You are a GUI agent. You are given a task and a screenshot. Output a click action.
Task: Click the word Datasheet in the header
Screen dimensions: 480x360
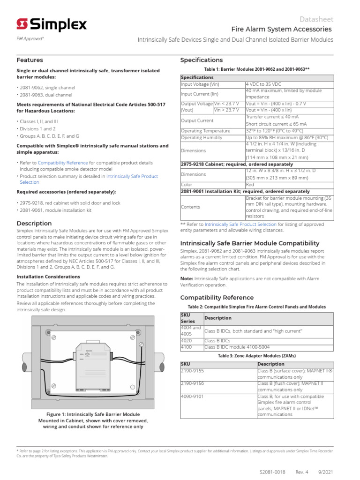point(317,19)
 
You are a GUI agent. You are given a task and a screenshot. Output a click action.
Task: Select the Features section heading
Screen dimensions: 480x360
point(30,60)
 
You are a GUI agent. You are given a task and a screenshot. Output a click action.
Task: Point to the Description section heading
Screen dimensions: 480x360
point(34,224)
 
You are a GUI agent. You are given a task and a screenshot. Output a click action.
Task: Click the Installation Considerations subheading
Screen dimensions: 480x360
point(48,277)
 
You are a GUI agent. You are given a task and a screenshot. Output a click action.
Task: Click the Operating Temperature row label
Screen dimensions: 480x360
point(205,131)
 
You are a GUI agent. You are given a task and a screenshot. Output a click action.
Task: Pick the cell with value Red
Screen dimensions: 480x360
point(250,185)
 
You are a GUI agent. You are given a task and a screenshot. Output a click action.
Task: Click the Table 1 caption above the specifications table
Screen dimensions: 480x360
point(257,69)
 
